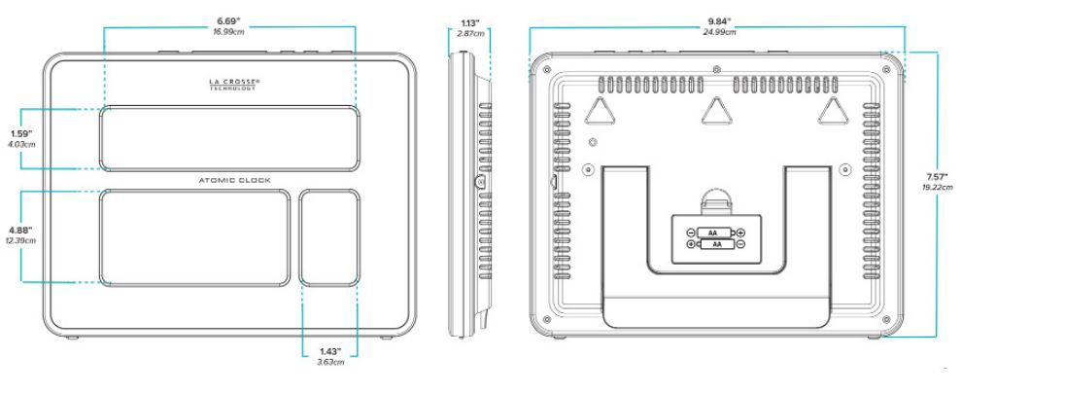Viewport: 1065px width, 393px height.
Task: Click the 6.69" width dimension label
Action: [x=229, y=21]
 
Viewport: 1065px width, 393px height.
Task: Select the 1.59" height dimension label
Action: [x=21, y=134]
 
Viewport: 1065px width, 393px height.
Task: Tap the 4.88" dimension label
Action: [x=21, y=231]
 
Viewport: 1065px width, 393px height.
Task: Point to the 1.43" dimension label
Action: [x=330, y=351]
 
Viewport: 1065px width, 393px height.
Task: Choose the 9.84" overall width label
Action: [x=719, y=21]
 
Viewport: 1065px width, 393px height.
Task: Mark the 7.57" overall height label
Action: [x=937, y=177]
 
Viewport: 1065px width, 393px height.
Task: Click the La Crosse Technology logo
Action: [x=233, y=85]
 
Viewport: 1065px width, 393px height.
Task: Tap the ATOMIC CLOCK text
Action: [x=234, y=180]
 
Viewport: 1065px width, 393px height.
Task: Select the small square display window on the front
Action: [x=328, y=237]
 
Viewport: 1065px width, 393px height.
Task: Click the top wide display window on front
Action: [x=229, y=138]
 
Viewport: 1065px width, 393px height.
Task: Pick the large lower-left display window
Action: [x=195, y=237]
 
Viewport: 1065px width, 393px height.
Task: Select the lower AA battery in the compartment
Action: [x=716, y=243]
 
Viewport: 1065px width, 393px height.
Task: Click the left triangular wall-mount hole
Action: [x=599, y=111]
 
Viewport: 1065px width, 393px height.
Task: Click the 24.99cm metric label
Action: [x=719, y=32]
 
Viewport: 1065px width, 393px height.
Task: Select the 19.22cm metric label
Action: [x=937, y=187]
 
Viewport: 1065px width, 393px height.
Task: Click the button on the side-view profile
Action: [x=480, y=182]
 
